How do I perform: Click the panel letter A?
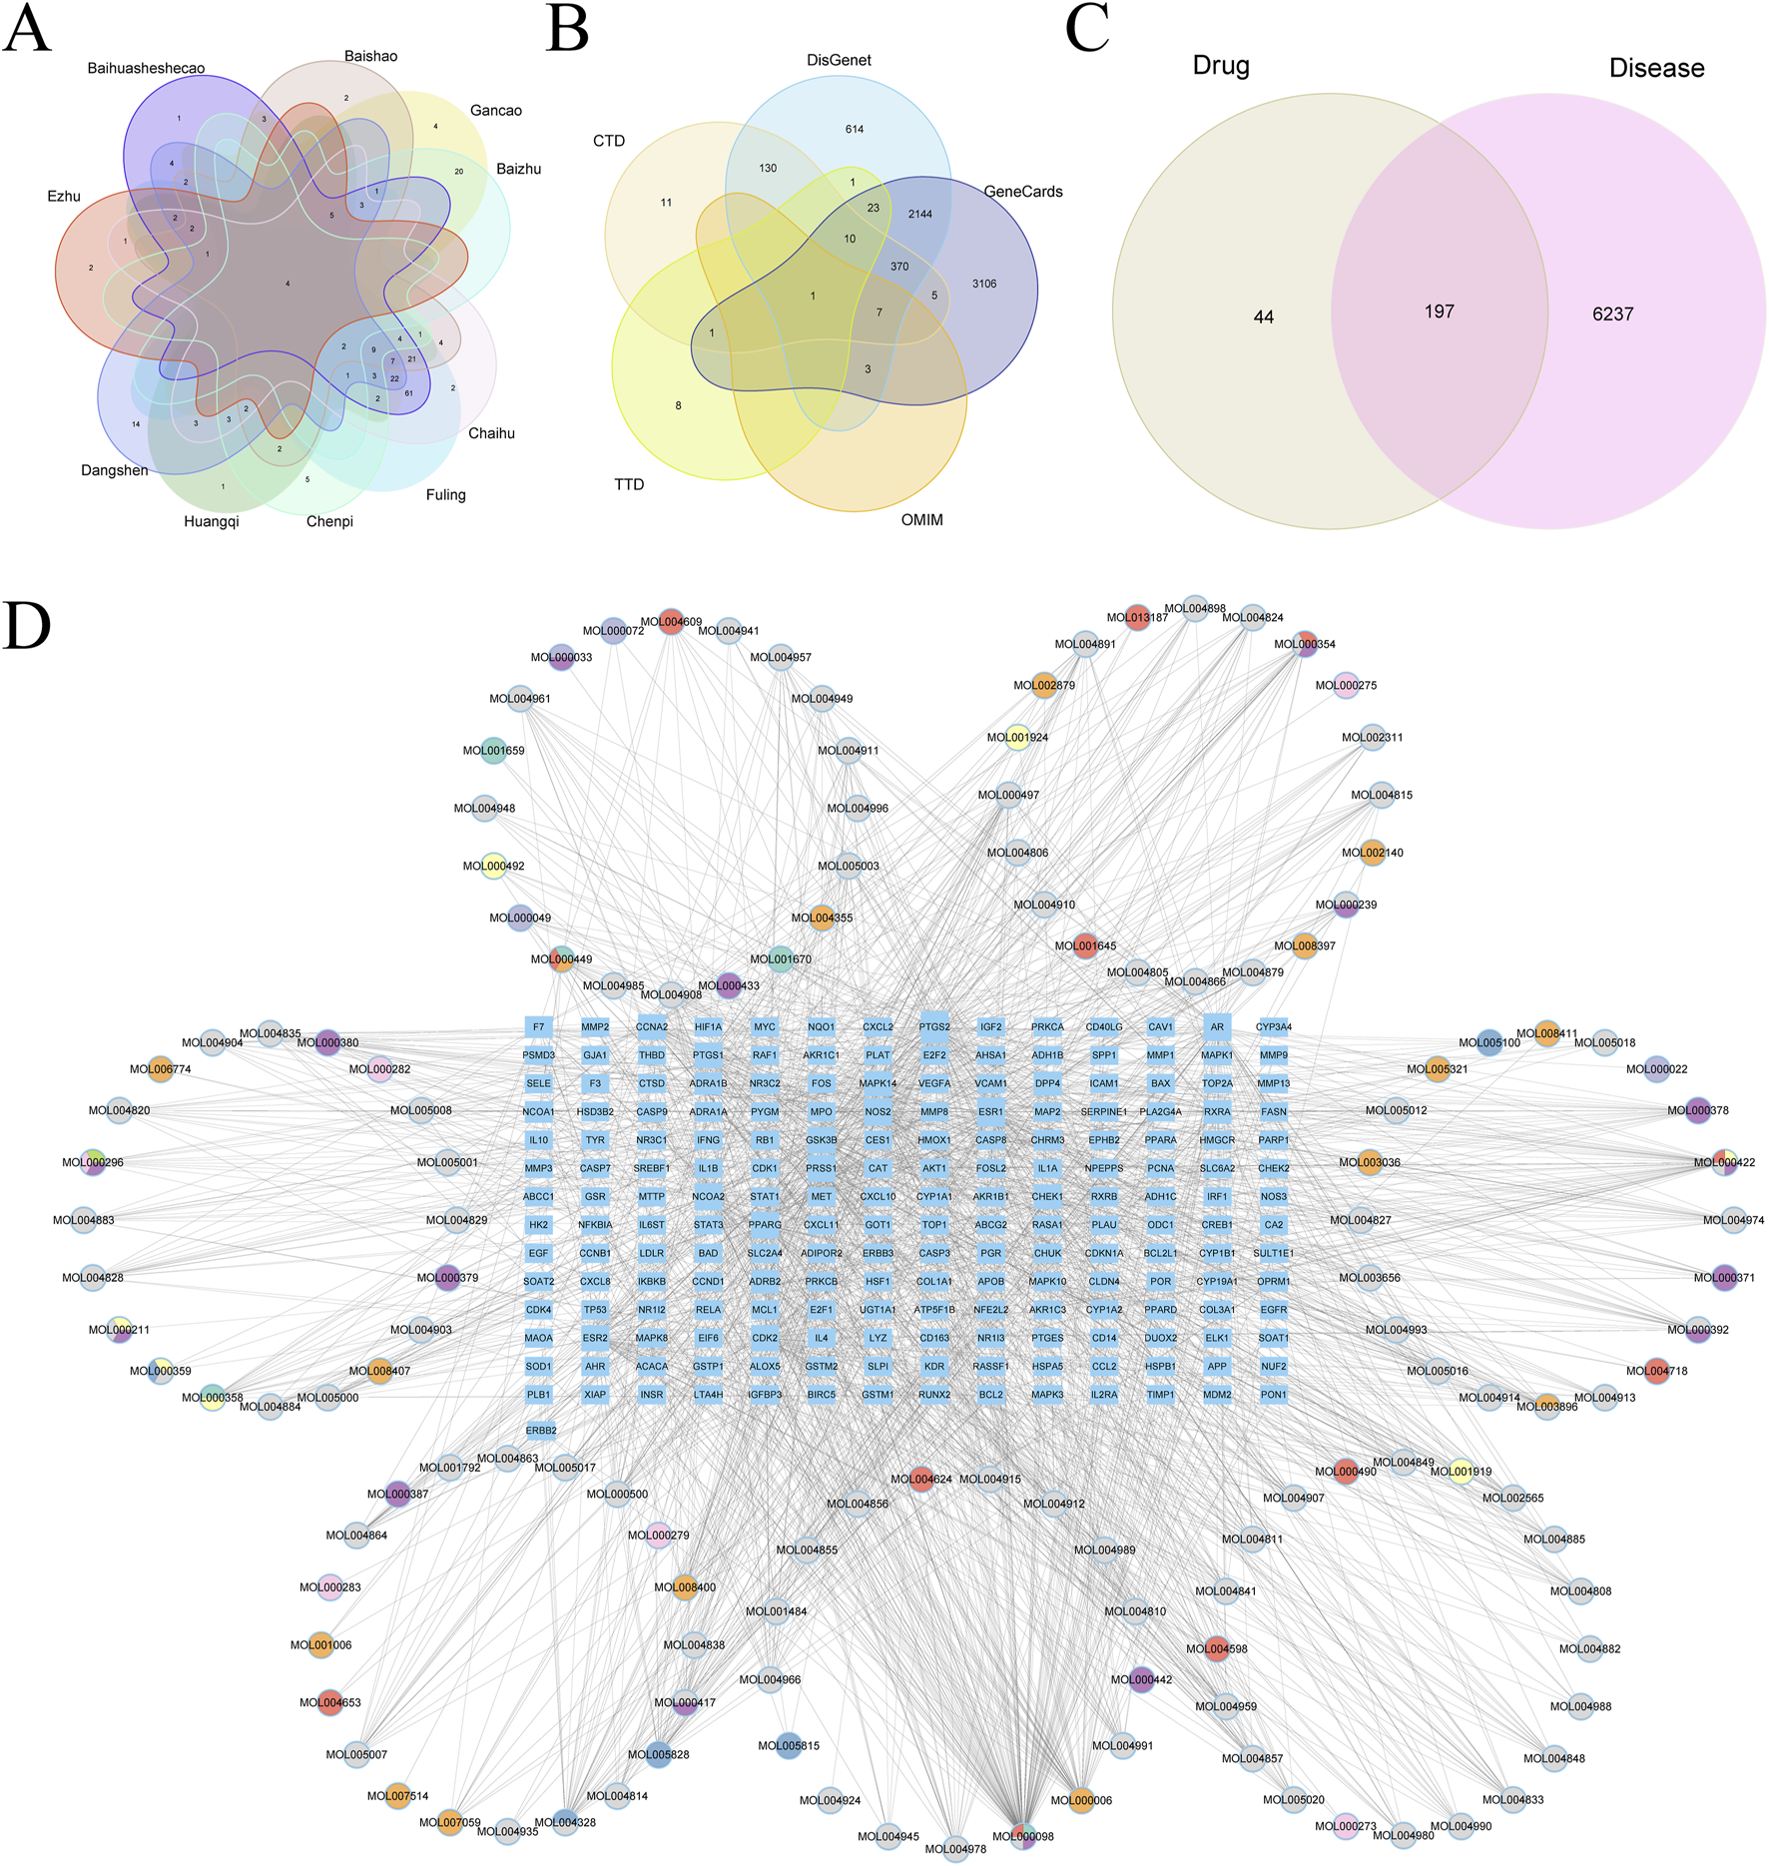point(26,30)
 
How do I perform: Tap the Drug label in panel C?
point(1221,66)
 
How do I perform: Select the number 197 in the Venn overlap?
point(1439,312)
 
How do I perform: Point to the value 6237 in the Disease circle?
point(1612,314)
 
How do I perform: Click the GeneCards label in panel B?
point(1022,192)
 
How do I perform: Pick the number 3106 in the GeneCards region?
point(984,284)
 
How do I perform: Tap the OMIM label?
point(921,520)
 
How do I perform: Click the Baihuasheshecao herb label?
point(146,69)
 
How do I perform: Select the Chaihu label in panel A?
point(491,433)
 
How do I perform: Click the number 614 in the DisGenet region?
point(855,129)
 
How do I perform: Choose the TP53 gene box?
point(595,1310)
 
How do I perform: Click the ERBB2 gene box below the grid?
point(541,1430)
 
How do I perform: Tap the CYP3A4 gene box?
point(1274,1026)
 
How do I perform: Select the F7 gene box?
point(539,1026)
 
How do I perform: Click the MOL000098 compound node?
point(1023,1836)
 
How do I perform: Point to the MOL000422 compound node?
point(1725,1162)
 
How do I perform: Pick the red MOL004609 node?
point(671,622)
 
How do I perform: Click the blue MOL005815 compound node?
point(789,1746)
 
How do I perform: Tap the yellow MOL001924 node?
point(1017,738)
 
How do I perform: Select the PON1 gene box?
point(1274,1395)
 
